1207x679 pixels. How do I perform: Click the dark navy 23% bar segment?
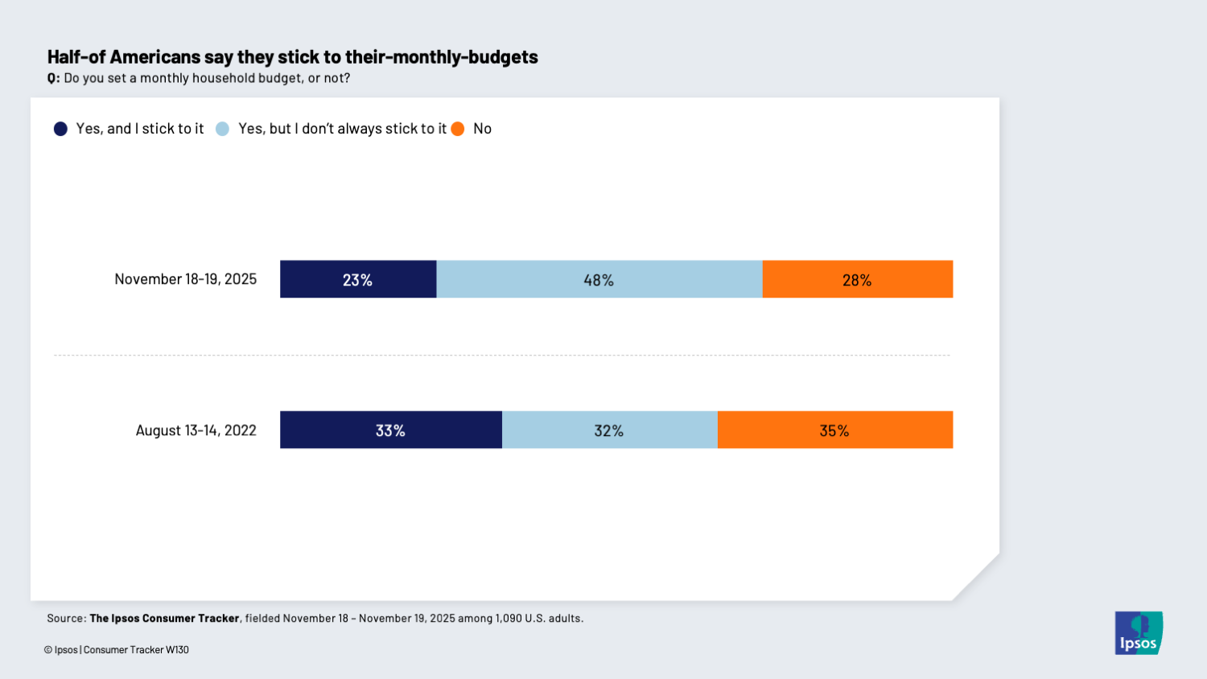[358, 279]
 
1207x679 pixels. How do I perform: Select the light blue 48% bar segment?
[599, 279]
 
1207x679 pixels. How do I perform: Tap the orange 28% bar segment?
[857, 279]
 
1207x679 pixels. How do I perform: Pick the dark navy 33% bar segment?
[390, 430]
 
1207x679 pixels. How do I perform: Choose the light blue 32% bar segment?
[609, 430]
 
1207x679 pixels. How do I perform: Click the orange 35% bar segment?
[834, 430]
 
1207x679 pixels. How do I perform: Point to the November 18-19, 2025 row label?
[185, 279]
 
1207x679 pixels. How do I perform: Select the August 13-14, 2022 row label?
[196, 430]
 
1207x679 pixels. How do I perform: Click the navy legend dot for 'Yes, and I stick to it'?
[60, 129]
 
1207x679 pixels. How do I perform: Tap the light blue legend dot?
[223, 129]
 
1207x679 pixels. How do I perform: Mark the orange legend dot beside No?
[458, 129]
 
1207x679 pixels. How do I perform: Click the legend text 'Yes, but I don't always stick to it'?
[342, 129]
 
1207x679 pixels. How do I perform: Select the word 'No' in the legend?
[482, 129]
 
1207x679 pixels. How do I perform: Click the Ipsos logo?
[1139, 632]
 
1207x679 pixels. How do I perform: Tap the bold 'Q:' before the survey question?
[53, 78]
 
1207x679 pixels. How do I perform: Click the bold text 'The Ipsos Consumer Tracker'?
[164, 619]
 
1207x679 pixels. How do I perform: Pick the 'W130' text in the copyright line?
[177, 650]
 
